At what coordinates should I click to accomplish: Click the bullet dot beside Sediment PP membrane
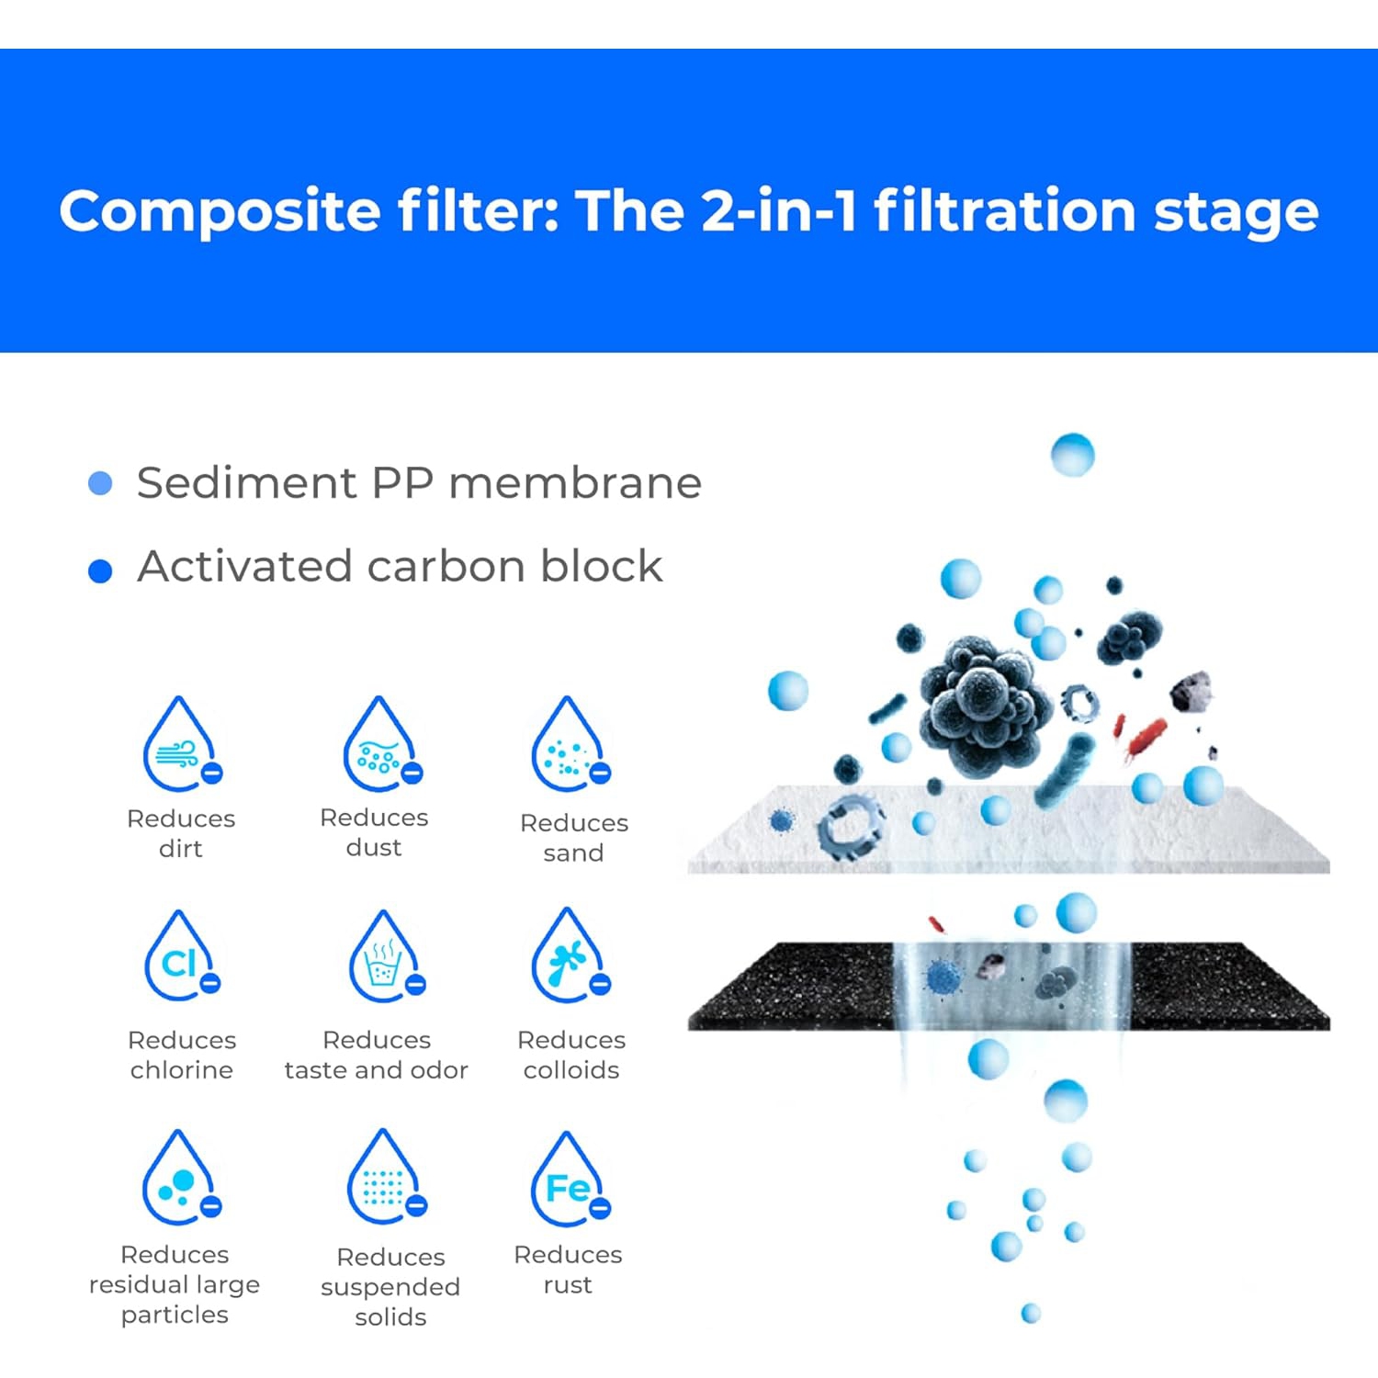pos(100,483)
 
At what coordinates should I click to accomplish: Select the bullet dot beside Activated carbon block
pos(100,570)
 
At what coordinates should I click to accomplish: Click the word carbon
pos(446,567)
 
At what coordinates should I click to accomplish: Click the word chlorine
pos(181,1070)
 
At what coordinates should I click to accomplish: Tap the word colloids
pos(571,1070)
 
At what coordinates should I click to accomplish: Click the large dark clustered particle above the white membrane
pos(983,703)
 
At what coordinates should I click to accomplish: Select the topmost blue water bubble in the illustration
pos(1072,455)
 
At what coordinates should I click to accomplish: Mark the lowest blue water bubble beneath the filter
pos(1031,1313)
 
